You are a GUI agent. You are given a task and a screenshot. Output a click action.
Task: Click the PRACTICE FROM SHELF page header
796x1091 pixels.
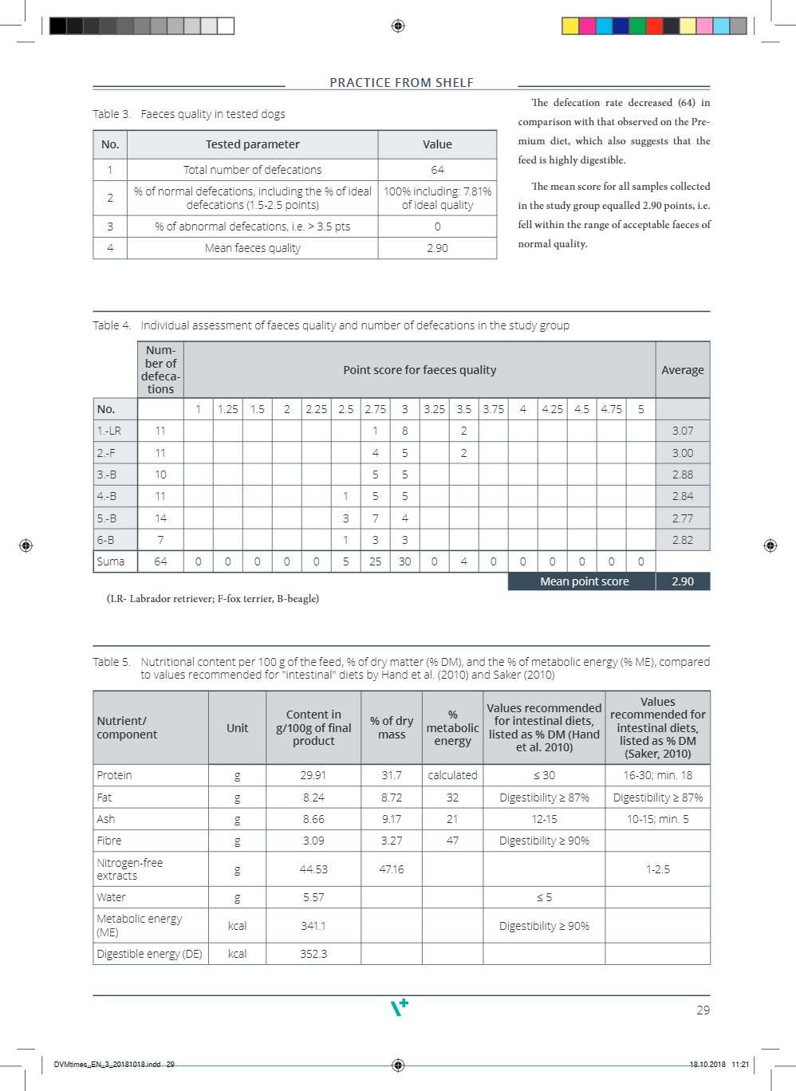click(x=401, y=83)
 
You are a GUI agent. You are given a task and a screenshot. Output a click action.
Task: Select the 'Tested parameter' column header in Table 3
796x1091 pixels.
click(x=252, y=144)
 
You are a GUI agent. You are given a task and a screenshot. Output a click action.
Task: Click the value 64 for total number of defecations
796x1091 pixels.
click(x=437, y=170)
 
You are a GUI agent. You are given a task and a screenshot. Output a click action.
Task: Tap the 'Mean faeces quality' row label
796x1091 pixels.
click(x=252, y=248)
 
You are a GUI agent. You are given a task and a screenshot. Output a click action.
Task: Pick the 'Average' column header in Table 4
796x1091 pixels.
click(x=682, y=370)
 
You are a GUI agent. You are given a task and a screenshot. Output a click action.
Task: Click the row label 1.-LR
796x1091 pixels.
click(x=109, y=431)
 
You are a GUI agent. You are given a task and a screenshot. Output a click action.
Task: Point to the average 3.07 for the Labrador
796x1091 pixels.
click(x=682, y=431)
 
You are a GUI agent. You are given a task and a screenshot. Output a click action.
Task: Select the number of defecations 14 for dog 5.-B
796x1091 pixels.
click(x=160, y=518)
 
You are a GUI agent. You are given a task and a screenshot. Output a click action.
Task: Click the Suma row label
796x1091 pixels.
click(x=111, y=561)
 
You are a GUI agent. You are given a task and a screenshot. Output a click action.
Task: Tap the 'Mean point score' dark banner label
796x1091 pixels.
click(x=584, y=581)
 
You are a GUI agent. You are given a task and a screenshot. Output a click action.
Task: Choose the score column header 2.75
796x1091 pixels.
click(x=375, y=409)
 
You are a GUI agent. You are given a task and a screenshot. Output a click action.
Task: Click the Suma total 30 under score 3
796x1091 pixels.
click(x=404, y=561)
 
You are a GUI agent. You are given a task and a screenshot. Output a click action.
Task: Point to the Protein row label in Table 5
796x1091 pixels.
click(x=115, y=775)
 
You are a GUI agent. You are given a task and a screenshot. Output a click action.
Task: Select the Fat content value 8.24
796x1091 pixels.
click(x=313, y=798)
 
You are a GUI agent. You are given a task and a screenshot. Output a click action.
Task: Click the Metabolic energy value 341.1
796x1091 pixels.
click(x=313, y=926)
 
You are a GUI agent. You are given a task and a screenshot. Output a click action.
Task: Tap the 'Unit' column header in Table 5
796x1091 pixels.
click(x=237, y=728)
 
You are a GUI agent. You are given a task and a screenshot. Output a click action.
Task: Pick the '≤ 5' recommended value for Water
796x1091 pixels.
click(x=544, y=897)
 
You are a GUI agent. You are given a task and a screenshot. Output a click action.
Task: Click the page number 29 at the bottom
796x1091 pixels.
click(x=703, y=1010)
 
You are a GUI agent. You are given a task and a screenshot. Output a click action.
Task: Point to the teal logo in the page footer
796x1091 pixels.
click(x=399, y=1007)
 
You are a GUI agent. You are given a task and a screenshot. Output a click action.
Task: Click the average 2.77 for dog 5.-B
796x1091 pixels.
click(x=682, y=518)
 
